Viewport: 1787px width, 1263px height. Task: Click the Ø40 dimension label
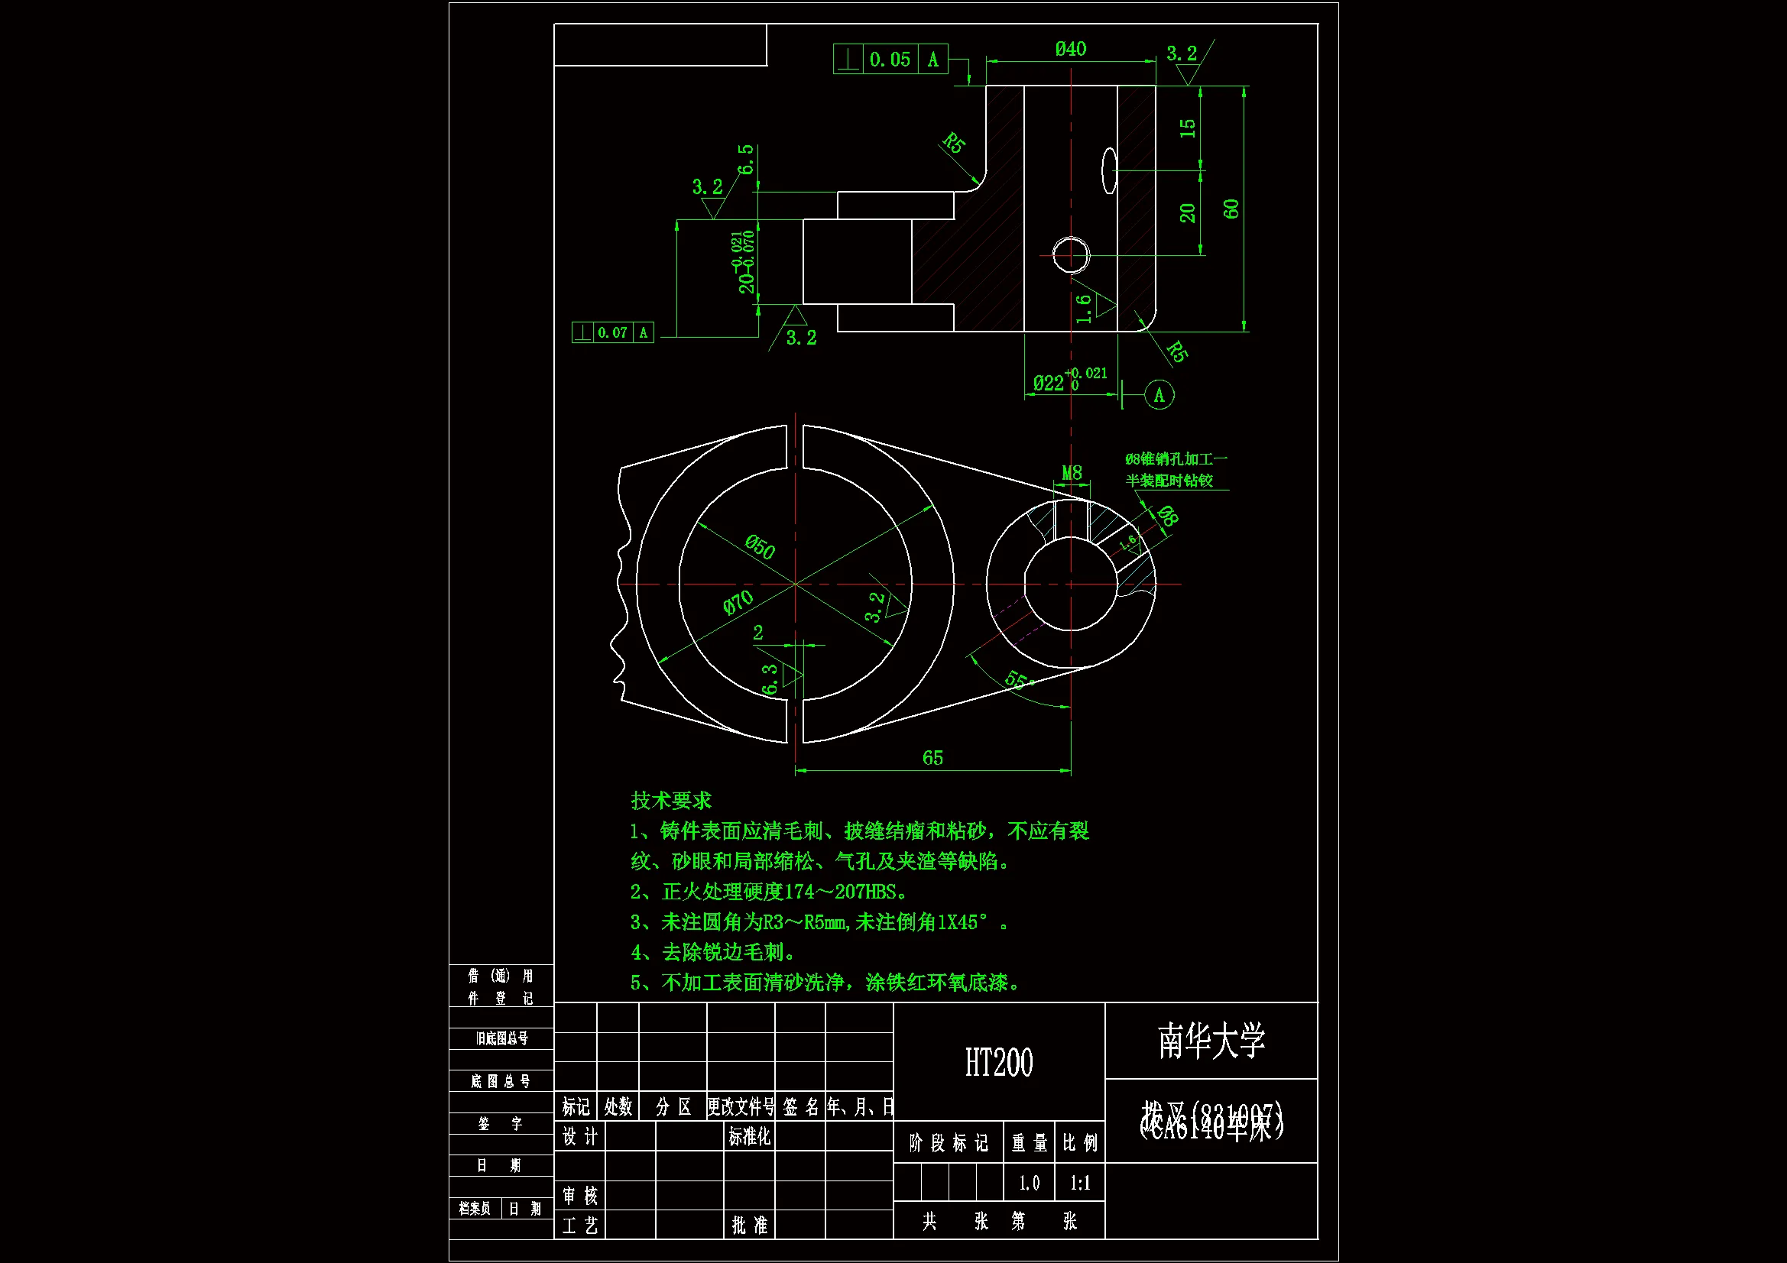click(x=1070, y=49)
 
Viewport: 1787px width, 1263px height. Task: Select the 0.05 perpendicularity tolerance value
click(x=890, y=60)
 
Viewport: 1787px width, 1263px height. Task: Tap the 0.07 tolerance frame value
click(x=612, y=333)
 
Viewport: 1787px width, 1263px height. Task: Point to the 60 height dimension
click(x=1231, y=209)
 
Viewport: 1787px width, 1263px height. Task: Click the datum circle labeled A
click(x=1159, y=395)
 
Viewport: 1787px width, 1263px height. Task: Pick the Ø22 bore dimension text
click(x=1049, y=383)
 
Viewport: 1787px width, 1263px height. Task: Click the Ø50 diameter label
click(x=760, y=547)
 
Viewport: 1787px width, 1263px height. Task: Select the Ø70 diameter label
click(x=738, y=601)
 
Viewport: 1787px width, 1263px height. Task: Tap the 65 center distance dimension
click(x=932, y=758)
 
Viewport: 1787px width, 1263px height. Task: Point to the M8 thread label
click(x=1072, y=472)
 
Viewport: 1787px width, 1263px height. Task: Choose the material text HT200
click(x=998, y=1063)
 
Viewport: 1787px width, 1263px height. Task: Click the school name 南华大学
click(x=1211, y=1041)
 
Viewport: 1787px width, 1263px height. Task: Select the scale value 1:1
click(x=1079, y=1184)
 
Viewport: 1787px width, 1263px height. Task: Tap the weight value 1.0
click(x=1029, y=1184)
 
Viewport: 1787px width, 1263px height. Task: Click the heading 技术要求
click(x=671, y=801)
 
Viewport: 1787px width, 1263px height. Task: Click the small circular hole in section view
click(x=1070, y=255)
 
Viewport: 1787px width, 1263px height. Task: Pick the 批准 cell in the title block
click(x=749, y=1226)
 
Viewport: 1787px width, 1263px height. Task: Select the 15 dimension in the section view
click(x=1188, y=128)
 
